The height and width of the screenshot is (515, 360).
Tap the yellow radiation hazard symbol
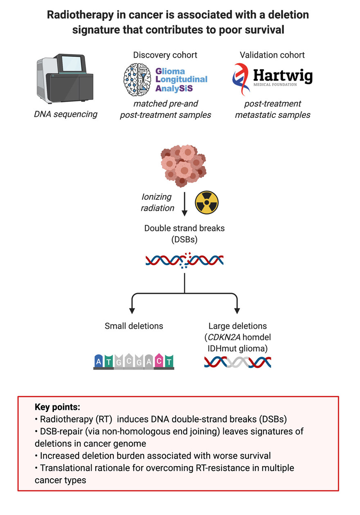pyautogui.click(x=207, y=203)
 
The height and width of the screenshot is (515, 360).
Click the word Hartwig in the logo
pyautogui.click(x=282, y=76)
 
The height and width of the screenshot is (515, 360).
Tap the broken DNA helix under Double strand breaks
pyautogui.click(x=184, y=260)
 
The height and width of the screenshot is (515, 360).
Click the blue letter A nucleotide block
pyautogui.click(x=99, y=361)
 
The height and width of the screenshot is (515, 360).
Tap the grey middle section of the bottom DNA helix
pyautogui.click(x=237, y=361)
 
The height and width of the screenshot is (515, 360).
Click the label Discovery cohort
pyautogui.click(x=165, y=55)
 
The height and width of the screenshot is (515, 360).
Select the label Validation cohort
pyautogui.click(x=272, y=55)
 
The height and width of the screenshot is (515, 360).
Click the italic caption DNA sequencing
pyautogui.click(x=65, y=114)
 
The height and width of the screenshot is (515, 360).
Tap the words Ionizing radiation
pyautogui.click(x=157, y=202)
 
